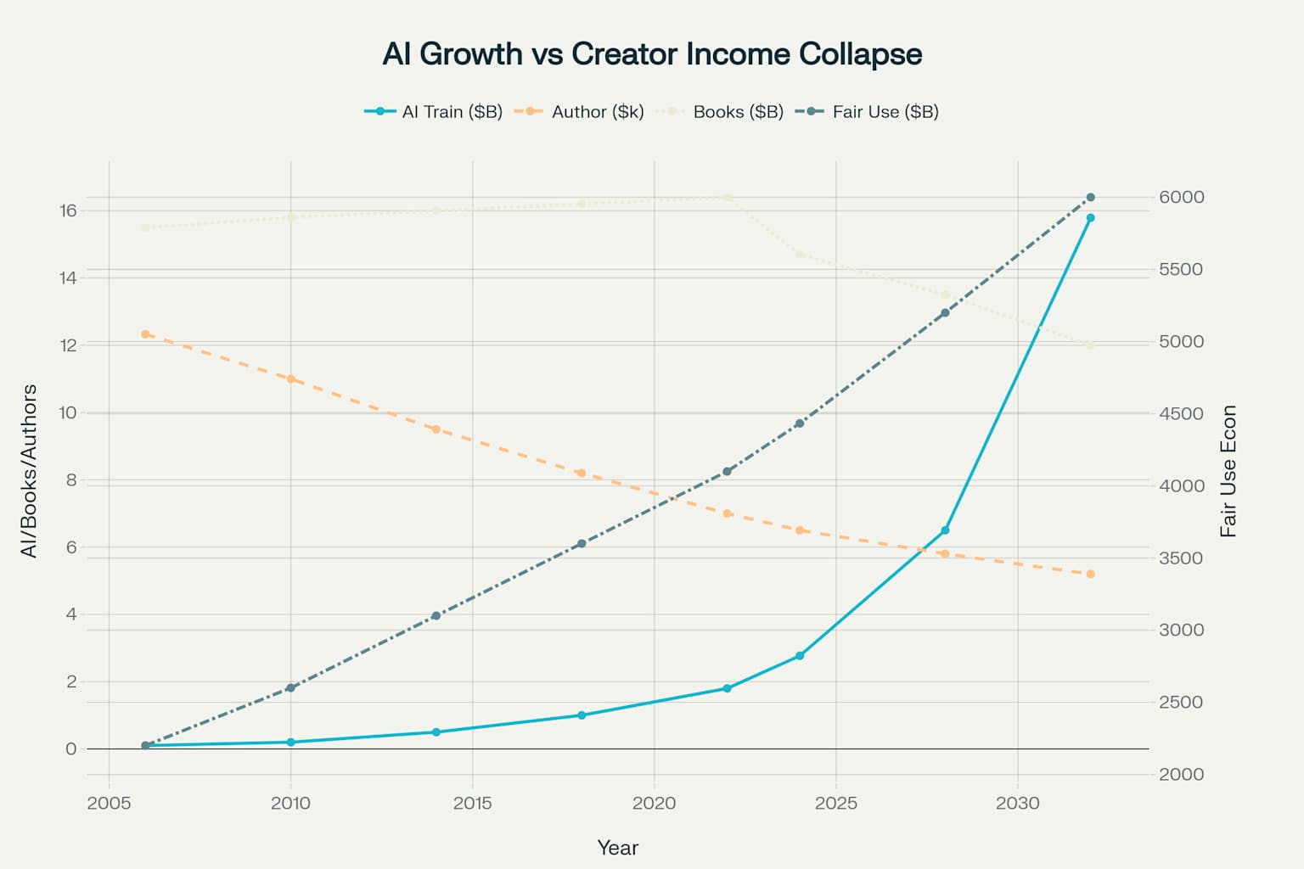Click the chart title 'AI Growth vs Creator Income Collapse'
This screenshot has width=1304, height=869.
pos(652,53)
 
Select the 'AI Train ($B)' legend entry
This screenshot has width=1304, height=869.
pos(434,112)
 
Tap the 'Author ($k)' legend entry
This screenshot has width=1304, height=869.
pos(581,112)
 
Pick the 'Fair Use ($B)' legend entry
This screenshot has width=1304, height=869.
pos(868,112)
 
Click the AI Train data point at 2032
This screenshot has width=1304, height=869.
pos(1090,218)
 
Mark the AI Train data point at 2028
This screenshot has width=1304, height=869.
pos(945,530)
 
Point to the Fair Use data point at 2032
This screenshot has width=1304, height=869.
pos(1090,198)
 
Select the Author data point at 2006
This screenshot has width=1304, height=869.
pos(145,334)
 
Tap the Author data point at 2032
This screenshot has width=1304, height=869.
pos(1090,575)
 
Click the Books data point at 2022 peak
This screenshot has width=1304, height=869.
pos(727,197)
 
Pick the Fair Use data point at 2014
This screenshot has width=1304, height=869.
pos(436,616)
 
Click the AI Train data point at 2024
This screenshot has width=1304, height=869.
pos(800,656)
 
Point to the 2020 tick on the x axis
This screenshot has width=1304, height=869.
pos(654,803)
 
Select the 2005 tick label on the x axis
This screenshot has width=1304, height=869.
pos(109,803)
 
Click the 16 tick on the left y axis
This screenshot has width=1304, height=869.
pos(68,210)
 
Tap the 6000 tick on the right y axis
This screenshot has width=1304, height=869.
pos(1181,197)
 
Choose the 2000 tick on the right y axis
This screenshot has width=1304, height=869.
pos(1181,774)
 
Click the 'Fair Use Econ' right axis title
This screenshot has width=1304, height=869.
pos(1228,471)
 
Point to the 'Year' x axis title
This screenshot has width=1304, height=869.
pos(617,848)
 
